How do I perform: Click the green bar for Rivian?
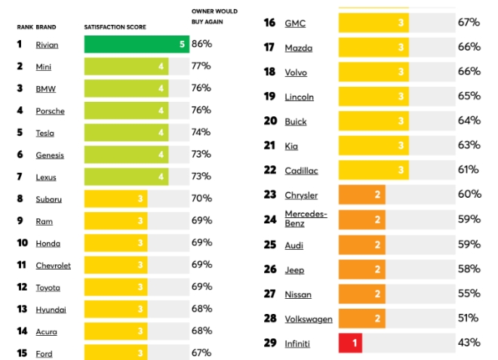pos(136,45)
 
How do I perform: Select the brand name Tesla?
pos(45,133)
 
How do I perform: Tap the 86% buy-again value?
pos(201,45)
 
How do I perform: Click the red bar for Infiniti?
pos(351,343)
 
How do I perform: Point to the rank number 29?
pos(269,343)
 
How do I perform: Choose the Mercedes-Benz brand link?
pos(306,219)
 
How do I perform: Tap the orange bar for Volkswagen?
pos(361,318)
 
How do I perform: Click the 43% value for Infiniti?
pos(469,343)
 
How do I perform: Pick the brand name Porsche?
pos(50,111)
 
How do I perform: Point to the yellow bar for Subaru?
pos(115,199)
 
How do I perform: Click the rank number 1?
pos(20,45)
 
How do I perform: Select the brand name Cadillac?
pos(301,171)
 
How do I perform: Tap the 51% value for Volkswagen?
pos(469,318)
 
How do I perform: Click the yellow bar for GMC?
pos(373,23)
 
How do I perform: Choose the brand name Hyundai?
pos(51,309)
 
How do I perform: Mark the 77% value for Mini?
pos(201,66)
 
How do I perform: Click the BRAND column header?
pos(45,27)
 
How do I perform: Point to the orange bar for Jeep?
pos(361,269)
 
